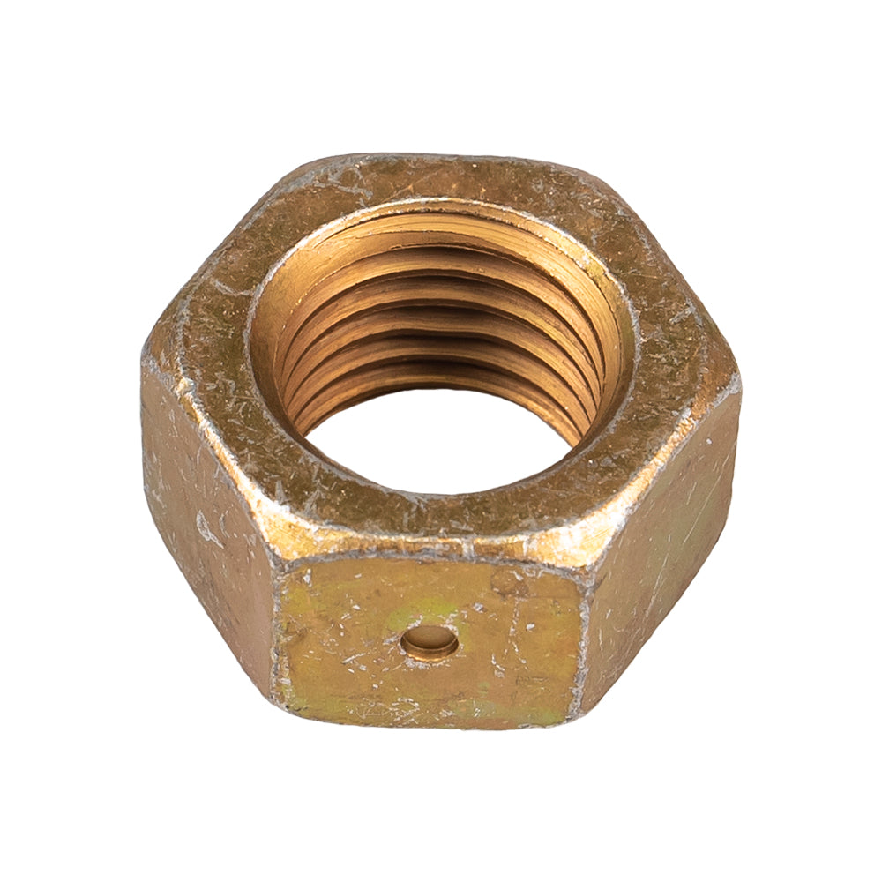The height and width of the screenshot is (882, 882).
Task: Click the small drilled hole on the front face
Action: (x=430, y=641)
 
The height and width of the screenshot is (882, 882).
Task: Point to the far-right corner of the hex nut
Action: (x=737, y=381)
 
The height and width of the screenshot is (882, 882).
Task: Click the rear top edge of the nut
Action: (x=441, y=159)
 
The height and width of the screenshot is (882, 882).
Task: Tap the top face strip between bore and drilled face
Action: (x=432, y=520)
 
